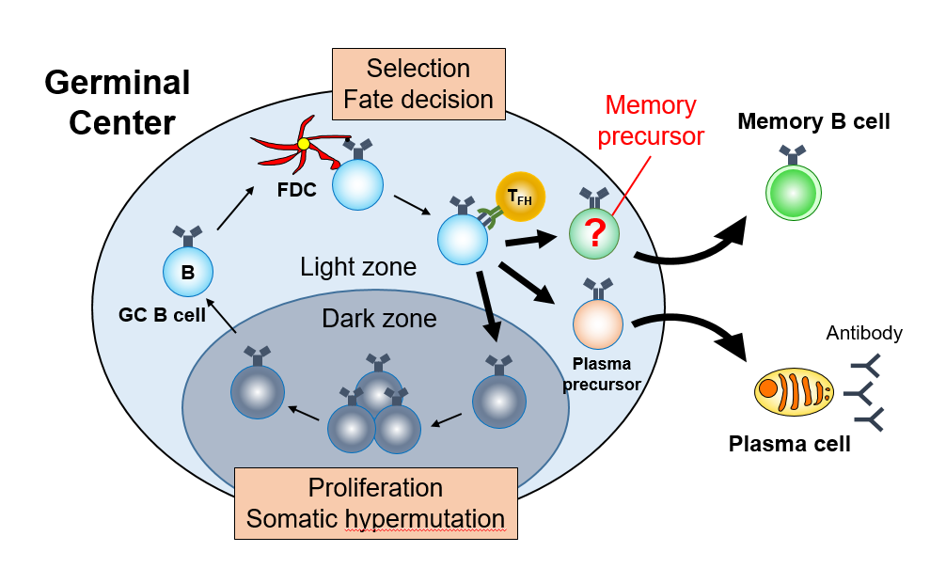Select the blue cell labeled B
pos(188,273)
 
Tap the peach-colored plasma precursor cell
pos(598,322)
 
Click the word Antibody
pos(864,333)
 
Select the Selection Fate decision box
pos(418,83)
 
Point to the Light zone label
pos(358,267)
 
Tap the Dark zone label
pos(379,318)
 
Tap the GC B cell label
pos(163,315)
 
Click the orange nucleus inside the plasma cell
pos(768,387)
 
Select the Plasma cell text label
pos(789,444)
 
